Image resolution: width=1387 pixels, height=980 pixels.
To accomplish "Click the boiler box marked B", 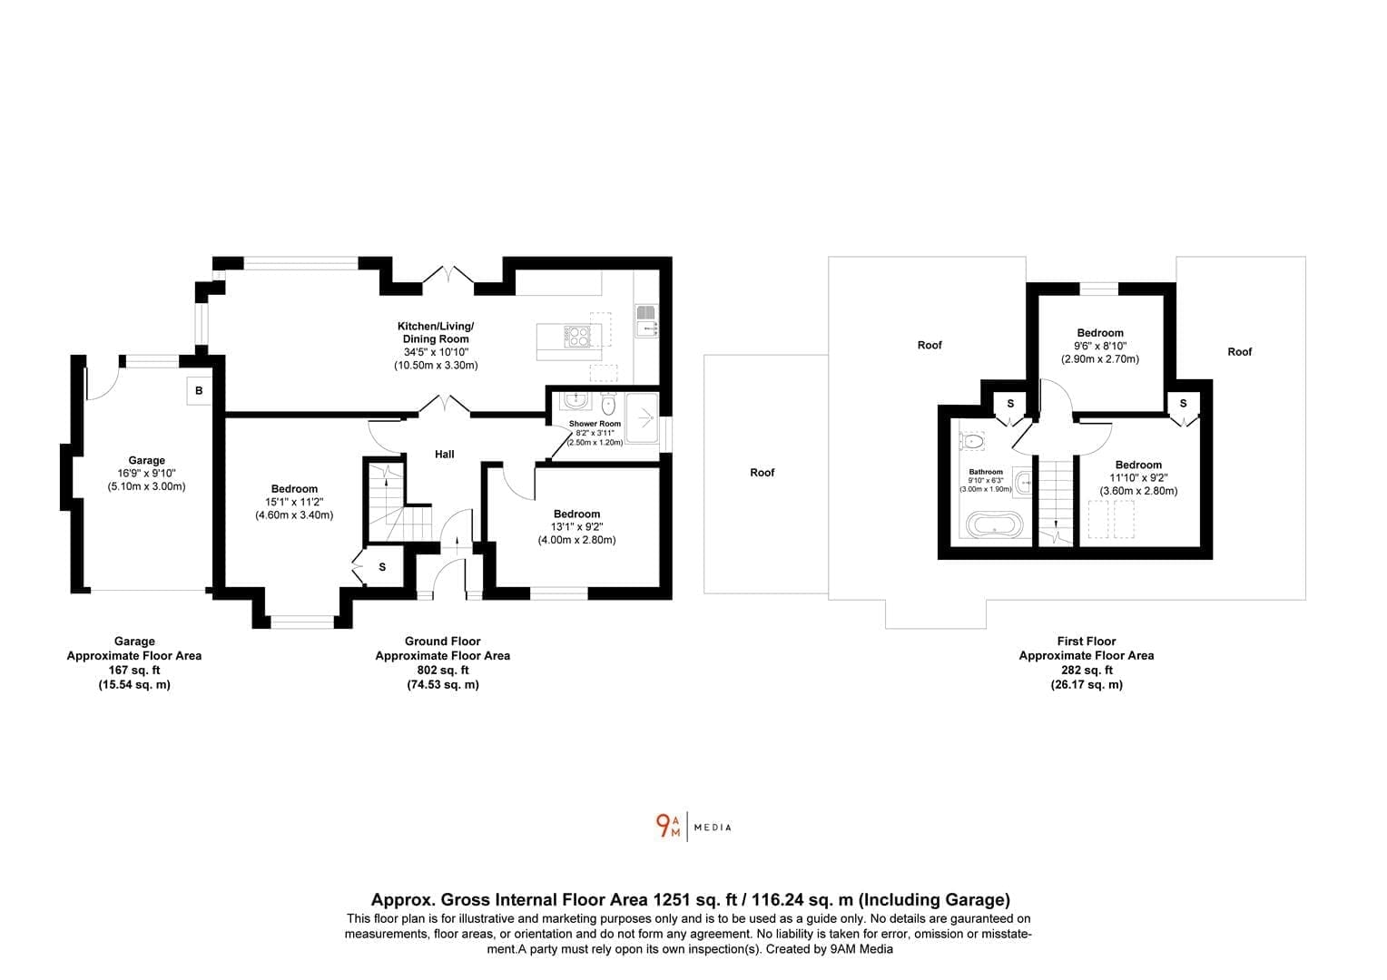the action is click(199, 391).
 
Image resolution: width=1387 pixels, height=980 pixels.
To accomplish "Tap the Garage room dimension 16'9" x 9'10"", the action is click(147, 474).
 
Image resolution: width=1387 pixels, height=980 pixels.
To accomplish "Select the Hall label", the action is click(445, 455).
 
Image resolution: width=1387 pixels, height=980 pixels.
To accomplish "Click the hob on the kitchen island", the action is click(576, 336).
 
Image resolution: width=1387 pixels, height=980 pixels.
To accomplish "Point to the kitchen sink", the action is click(646, 320).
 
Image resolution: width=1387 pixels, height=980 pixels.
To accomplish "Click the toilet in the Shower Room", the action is click(609, 404).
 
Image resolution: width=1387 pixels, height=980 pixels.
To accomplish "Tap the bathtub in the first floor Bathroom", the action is click(995, 524).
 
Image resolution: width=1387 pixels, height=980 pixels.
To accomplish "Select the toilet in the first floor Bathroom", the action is click(971, 442).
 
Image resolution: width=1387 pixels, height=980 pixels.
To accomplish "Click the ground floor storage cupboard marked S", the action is click(382, 567).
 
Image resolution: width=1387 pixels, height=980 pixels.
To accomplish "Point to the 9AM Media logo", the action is click(693, 827).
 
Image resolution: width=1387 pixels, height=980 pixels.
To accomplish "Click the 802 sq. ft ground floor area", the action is click(443, 670).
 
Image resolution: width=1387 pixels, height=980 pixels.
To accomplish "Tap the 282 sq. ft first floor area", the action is click(1087, 670).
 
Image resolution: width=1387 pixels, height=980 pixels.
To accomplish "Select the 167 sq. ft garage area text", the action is click(134, 670).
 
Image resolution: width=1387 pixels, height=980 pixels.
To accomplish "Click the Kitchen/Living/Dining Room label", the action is click(436, 332).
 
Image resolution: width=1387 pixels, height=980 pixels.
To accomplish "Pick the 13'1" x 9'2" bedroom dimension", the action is click(576, 527).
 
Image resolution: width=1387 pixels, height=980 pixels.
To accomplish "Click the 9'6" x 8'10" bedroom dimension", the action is click(1100, 346).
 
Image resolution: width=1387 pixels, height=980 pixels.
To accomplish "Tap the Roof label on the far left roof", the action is click(762, 473).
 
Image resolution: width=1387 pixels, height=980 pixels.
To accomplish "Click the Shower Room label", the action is click(595, 424).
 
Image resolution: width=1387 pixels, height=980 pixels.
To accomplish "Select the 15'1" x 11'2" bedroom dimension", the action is click(294, 502).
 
